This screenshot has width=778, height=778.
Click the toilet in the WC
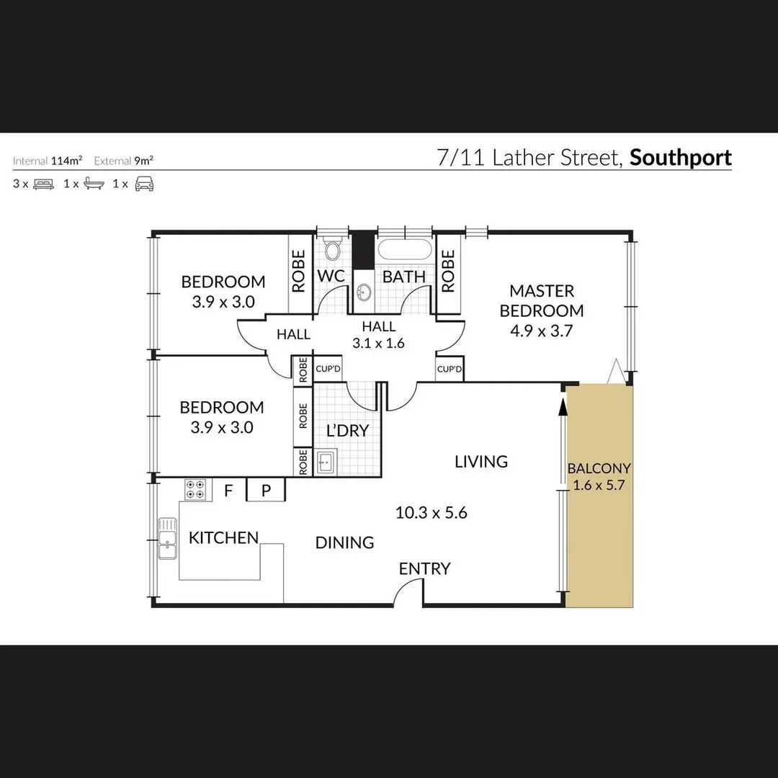(332, 250)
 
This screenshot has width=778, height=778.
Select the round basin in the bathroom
(365, 292)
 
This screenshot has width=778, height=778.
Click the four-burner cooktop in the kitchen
(195, 489)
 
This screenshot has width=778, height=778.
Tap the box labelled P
(266, 491)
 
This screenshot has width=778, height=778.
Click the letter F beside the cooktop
(229, 491)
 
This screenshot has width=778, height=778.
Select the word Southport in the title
(681, 158)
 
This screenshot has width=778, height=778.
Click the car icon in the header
(144, 183)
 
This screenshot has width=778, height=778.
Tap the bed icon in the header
(44, 184)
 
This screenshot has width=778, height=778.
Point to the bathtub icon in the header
(94, 184)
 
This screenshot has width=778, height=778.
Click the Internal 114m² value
(66, 161)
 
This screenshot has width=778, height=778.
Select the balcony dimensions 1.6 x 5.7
(599, 485)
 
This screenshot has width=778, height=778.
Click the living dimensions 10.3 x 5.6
(432, 513)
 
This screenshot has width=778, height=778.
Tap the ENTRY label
(424, 568)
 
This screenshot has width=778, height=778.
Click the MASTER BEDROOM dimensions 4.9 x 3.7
(541, 331)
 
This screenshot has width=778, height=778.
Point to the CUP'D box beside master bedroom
(450, 370)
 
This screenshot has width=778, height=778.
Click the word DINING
(344, 542)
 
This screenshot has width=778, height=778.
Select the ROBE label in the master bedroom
(448, 271)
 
